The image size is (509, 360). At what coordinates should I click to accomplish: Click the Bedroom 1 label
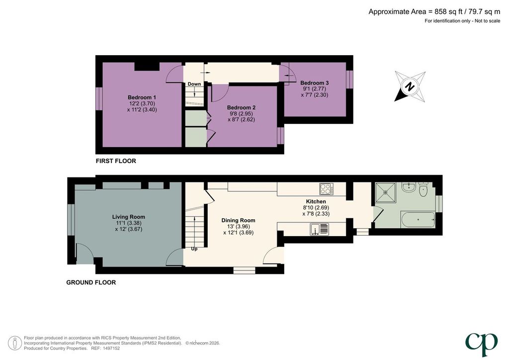pos(142,97)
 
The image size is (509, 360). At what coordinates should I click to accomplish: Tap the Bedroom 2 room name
pos(241,107)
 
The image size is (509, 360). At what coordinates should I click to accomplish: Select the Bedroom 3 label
pos(315,83)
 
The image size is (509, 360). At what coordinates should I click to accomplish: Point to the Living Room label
pos(129,217)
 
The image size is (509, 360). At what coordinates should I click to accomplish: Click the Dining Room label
pos(238,220)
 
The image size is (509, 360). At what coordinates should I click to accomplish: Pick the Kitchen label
pos(316,201)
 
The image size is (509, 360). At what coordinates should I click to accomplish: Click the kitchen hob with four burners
pos(326,188)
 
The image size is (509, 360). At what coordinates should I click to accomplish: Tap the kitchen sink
pos(320,229)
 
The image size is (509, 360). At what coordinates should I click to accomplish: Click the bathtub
pos(418,220)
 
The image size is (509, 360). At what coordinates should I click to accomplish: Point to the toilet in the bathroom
pos(424,189)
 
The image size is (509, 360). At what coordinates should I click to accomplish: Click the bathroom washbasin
pos(407,187)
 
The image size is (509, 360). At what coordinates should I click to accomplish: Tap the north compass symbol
pos(410,87)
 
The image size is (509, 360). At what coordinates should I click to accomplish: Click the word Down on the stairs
pos(194,84)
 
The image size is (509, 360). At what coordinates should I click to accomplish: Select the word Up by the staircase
pos(194,249)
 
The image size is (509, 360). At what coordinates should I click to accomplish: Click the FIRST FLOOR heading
pos(116,161)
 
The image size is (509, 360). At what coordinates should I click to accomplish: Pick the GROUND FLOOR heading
pos(91,283)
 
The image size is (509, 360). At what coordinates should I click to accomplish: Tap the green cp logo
pos(481,344)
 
